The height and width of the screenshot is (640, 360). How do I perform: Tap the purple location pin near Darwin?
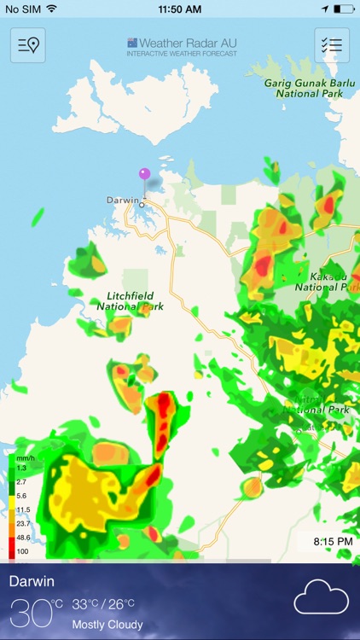click(x=144, y=174)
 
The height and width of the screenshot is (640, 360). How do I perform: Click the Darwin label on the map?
click(x=122, y=200)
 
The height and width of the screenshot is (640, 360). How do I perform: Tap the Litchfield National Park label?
click(x=130, y=300)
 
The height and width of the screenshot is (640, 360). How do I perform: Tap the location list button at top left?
click(x=28, y=45)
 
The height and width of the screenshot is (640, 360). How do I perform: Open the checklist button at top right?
click(x=332, y=45)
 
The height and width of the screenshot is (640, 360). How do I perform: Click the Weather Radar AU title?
click(x=188, y=42)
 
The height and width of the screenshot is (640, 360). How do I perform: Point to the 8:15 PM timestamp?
click(x=333, y=542)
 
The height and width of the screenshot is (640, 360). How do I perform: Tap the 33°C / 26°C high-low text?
click(x=103, y=604)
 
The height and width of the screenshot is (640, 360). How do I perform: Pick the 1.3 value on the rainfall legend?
click(x=22, y=468)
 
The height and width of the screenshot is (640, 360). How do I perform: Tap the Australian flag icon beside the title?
click(x=132, y=42)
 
